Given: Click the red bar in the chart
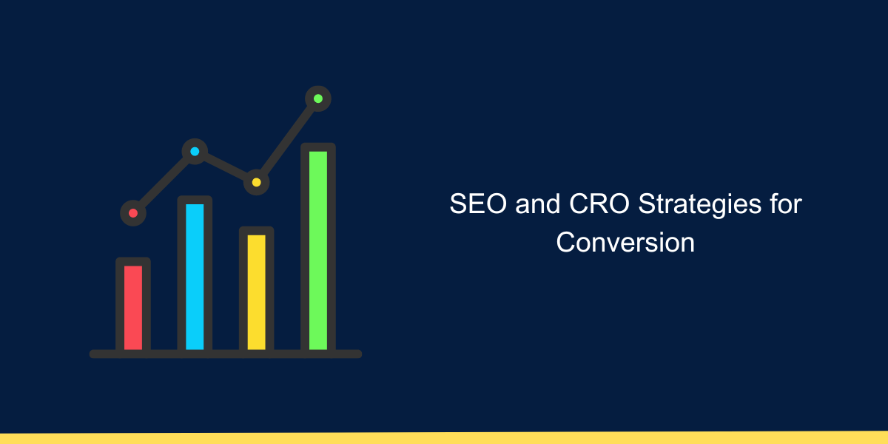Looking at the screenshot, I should [x=133, y=306].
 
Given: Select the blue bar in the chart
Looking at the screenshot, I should [x=195, y=275].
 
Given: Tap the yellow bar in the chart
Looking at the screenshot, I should [x=256, y=291].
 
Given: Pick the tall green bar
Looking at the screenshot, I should [x=317, y=249].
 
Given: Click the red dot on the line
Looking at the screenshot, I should [x=133, y=213].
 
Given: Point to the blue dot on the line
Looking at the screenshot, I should [x=195, y=152].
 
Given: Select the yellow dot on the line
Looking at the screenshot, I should [x=256, y=182].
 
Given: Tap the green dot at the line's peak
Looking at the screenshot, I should [x=318, y=98].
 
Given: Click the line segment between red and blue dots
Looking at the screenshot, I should [x=164, y=183].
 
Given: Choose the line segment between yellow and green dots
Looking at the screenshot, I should [x=287, y=140].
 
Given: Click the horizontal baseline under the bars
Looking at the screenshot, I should [x=226, y=354].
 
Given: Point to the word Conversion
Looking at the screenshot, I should [x=625, y=243].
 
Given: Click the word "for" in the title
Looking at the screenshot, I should [x=784, y=204].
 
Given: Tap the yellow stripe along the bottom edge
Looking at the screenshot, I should [x=444, y=438].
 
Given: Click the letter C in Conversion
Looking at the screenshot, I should [x=565, y=243].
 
